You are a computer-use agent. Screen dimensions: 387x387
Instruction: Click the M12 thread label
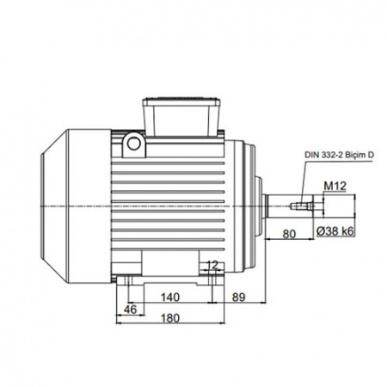point(335,187)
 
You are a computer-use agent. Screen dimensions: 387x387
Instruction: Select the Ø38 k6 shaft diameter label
point(335,231)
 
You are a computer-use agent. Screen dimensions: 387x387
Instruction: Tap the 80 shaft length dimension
point(289,234)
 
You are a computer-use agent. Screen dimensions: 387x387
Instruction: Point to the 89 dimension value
point(238,298)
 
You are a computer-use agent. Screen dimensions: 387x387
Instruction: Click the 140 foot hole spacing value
point(170,298)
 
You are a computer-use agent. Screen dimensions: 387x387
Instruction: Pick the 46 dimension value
point(131,310)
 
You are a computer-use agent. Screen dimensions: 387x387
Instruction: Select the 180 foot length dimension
point(170,318)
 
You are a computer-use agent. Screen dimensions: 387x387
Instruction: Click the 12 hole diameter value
point(212,265)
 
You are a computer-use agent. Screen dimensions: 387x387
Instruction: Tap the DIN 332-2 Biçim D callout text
point(339,155)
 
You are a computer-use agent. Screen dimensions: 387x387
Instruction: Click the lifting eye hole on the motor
point(134,144)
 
